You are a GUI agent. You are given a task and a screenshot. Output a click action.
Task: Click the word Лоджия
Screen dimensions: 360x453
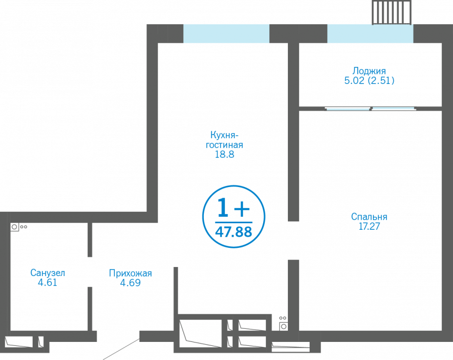369,71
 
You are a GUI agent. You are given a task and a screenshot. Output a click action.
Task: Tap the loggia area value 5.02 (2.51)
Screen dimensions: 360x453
369,80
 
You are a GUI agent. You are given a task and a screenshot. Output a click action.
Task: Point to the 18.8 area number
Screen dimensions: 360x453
225,155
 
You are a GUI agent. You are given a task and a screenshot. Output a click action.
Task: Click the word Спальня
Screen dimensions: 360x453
369,217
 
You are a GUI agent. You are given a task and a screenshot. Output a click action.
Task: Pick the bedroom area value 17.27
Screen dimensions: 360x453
369,226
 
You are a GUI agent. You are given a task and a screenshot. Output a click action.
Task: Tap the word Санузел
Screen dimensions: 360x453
48,273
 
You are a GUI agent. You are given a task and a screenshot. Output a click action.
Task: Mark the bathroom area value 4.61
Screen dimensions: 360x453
48,283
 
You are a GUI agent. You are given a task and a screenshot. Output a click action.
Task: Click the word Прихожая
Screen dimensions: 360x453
130,273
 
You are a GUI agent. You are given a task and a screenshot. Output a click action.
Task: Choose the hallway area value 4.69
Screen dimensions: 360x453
130,283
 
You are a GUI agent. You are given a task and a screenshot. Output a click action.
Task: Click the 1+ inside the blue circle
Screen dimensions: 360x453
233,208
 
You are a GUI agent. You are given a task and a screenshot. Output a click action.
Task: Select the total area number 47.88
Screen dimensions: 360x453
234,232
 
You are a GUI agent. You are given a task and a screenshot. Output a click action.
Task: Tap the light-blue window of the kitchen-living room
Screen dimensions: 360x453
226,33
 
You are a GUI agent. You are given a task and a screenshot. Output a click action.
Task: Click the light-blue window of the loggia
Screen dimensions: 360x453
370,33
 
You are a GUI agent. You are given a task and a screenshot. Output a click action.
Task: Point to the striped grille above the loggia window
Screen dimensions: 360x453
392,12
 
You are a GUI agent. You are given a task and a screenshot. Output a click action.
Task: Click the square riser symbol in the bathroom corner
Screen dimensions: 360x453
15,227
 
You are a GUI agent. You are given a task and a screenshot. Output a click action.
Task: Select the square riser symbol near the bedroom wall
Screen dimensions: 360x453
283,326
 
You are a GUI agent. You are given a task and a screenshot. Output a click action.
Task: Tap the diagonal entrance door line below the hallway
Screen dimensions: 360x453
121,349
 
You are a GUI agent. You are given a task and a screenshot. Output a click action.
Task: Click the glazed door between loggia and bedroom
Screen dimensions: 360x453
370,108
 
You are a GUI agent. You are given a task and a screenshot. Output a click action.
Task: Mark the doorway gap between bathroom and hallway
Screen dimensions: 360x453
90,272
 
